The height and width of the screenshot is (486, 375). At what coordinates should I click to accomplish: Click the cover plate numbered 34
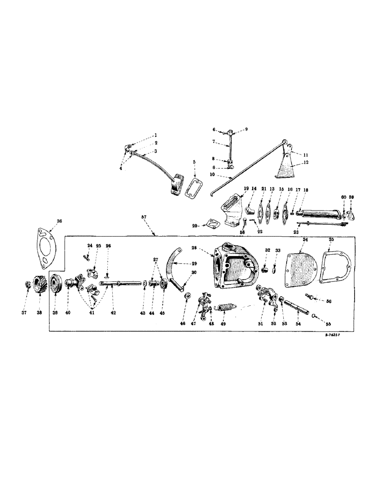(x=301, y=267)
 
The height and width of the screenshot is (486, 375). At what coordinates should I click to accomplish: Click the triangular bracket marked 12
(x=286, y=165)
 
